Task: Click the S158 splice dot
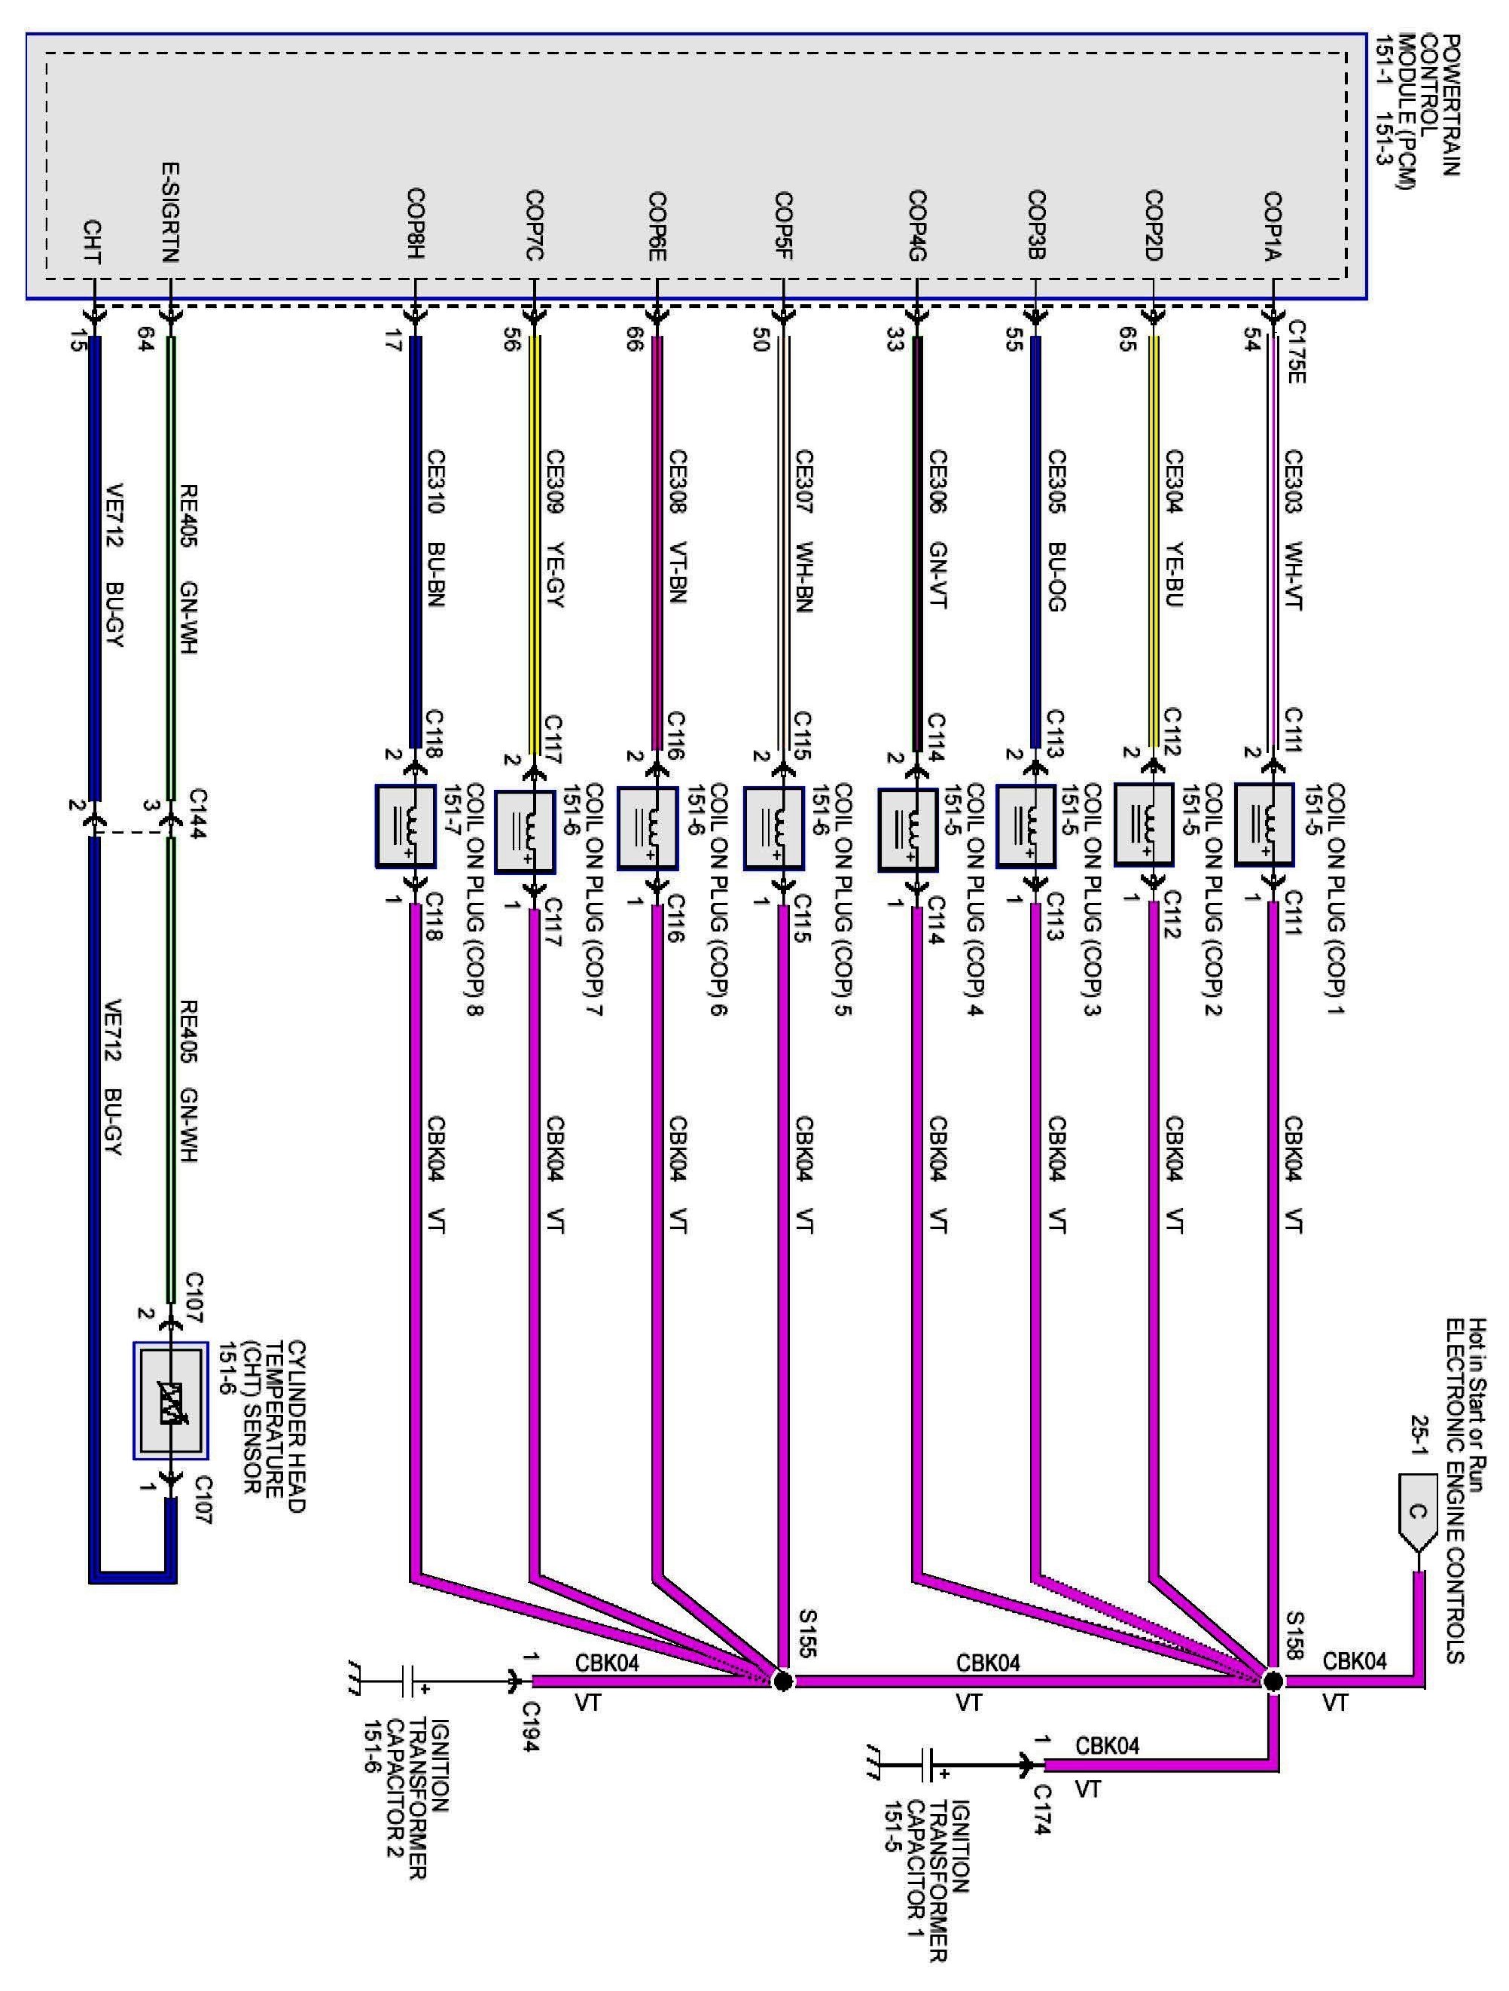pyautogui.click(x=1273, y=1681)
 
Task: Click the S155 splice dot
pyautogui.click(x=783, y=1681)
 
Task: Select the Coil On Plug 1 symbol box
pyautogui.click(x=1264, y=825)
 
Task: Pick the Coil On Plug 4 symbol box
pyautogui.click(x=907, y=830)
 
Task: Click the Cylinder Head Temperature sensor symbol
pyautogui.click(x=171, y=1401)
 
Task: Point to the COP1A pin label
pyautogui.click(x=1273, y=225)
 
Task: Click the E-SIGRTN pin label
pyautogui.click(x=171, y=212)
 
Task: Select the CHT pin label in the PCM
pyautogui.click(x=92, y=243)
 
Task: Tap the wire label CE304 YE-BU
pyautogui.click(x=1173, y=529)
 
